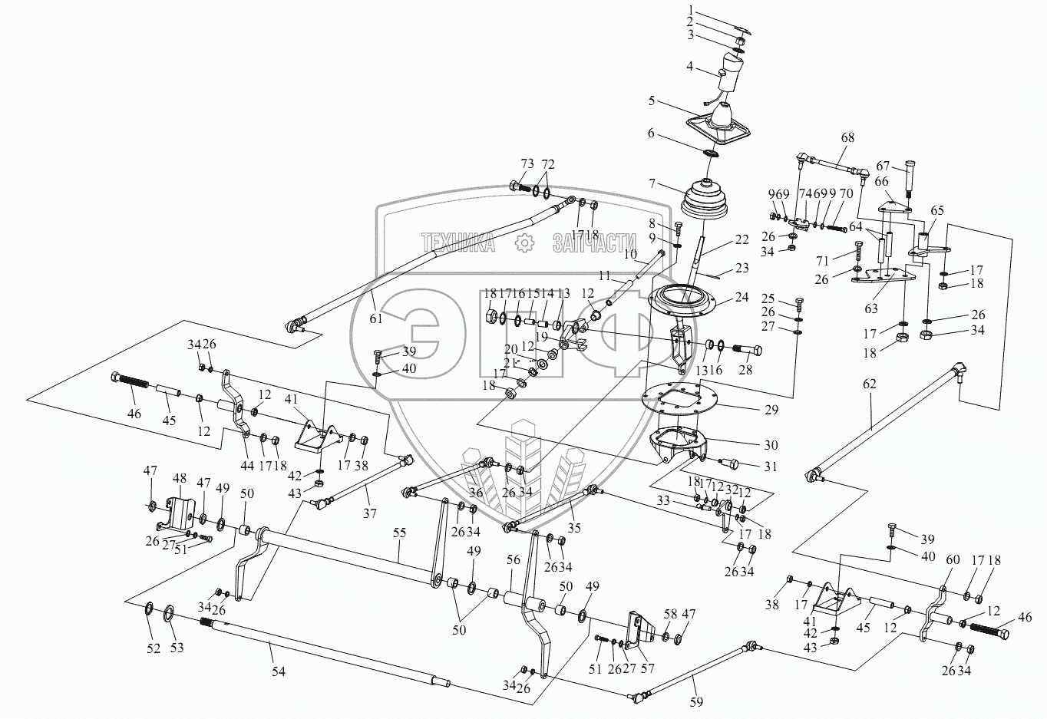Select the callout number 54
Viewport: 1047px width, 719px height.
point(278,671)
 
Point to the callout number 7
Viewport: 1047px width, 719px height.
point(652,184)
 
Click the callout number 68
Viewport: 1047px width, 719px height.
point(847,138)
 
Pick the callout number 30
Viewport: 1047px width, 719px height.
point(770,444)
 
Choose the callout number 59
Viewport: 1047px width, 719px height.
point(696,701)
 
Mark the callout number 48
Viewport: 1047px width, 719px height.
point(179,477)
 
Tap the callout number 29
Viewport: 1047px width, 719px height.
point(771,410)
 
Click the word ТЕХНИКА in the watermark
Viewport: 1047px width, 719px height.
point(457,243)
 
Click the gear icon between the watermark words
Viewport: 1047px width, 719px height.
point(523,243)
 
